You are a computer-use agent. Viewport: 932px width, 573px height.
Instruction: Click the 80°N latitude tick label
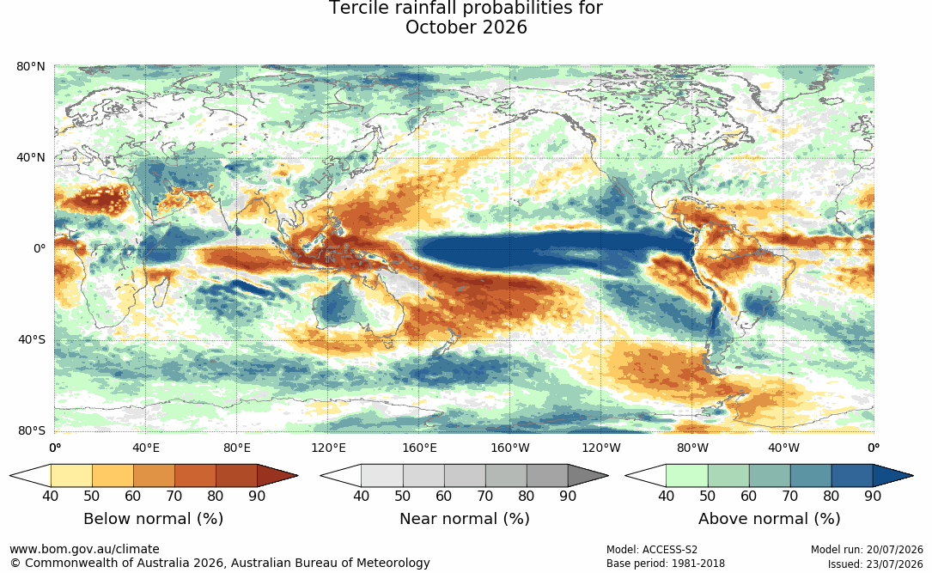31,66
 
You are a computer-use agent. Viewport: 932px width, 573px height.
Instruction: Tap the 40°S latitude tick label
32,340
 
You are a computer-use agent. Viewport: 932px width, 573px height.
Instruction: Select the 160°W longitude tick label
510,448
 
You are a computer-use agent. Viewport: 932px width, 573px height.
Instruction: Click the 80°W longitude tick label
692,448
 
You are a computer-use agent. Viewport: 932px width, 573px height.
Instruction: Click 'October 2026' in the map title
466,27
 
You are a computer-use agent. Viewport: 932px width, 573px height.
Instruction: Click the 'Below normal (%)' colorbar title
154,519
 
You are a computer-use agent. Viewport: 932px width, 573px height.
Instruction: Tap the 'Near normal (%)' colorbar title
464,519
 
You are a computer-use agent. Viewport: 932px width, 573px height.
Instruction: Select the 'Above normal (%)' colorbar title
769,519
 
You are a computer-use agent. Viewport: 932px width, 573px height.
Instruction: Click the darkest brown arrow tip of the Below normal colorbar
290,476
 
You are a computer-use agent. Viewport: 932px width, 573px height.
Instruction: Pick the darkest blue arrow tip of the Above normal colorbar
905,476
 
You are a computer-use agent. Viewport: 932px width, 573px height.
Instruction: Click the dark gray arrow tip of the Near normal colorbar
600,476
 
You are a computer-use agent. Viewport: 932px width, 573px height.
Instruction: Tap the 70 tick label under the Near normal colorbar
485,496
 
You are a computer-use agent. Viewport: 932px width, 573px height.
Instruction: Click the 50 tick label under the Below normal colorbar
92,496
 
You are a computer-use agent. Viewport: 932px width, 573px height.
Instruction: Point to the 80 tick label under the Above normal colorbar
831,496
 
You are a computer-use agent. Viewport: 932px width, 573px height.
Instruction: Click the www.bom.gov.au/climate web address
84,549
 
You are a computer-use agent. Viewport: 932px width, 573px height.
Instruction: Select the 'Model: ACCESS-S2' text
651,550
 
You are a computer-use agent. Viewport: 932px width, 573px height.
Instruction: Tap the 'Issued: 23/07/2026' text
875,564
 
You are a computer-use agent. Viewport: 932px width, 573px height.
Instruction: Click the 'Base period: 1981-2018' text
666,564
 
